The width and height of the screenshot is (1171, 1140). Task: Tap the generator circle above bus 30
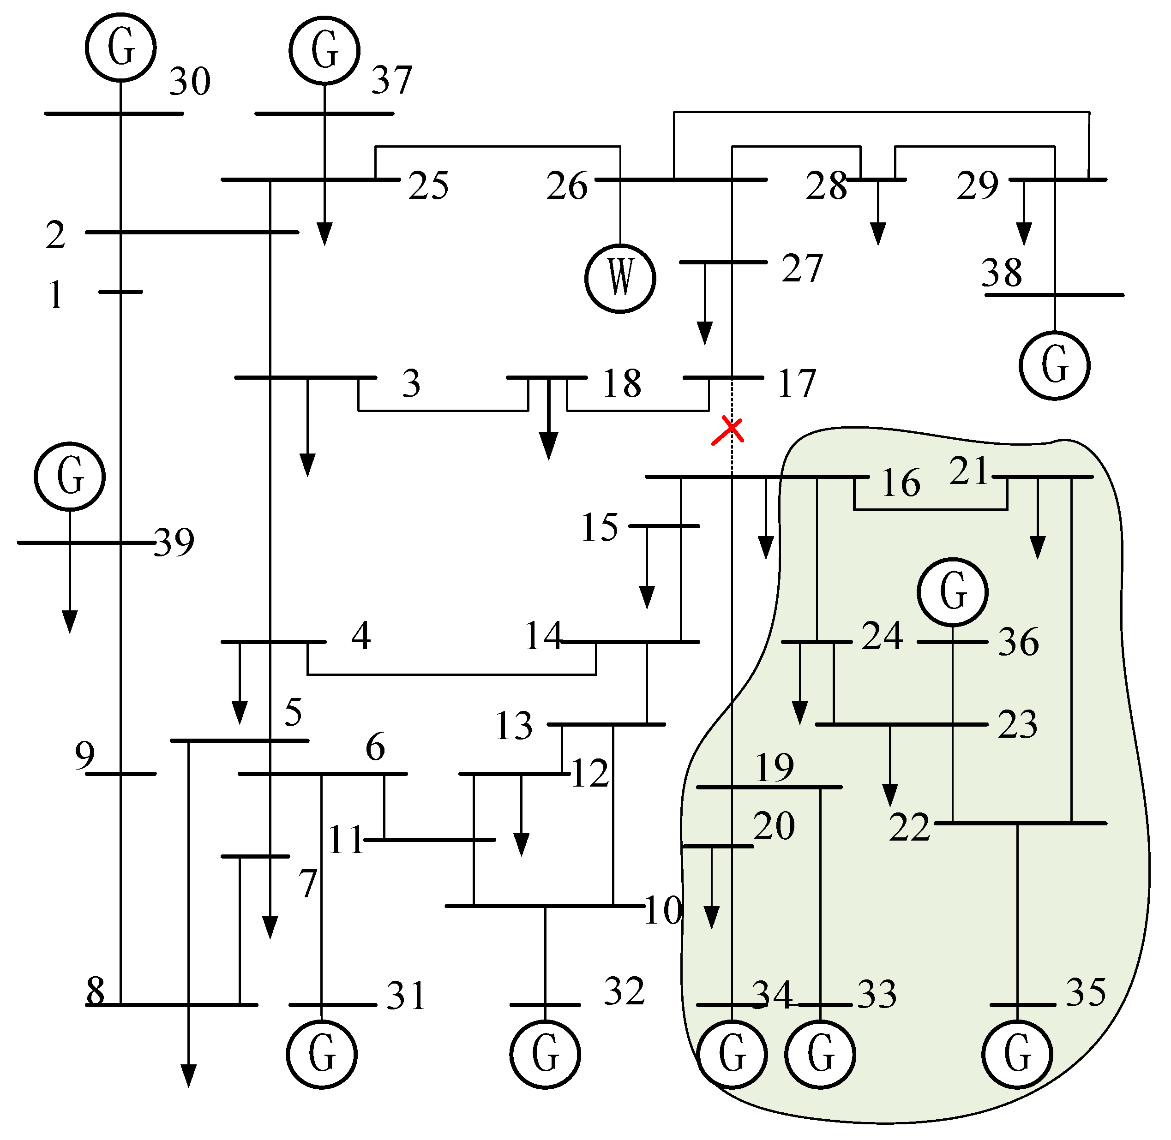tap(121, 48)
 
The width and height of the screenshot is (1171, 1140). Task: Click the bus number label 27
tap(803, 269)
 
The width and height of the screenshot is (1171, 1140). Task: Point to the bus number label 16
tap(902, 484)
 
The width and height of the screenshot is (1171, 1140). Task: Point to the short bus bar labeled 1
tap(121, 292)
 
